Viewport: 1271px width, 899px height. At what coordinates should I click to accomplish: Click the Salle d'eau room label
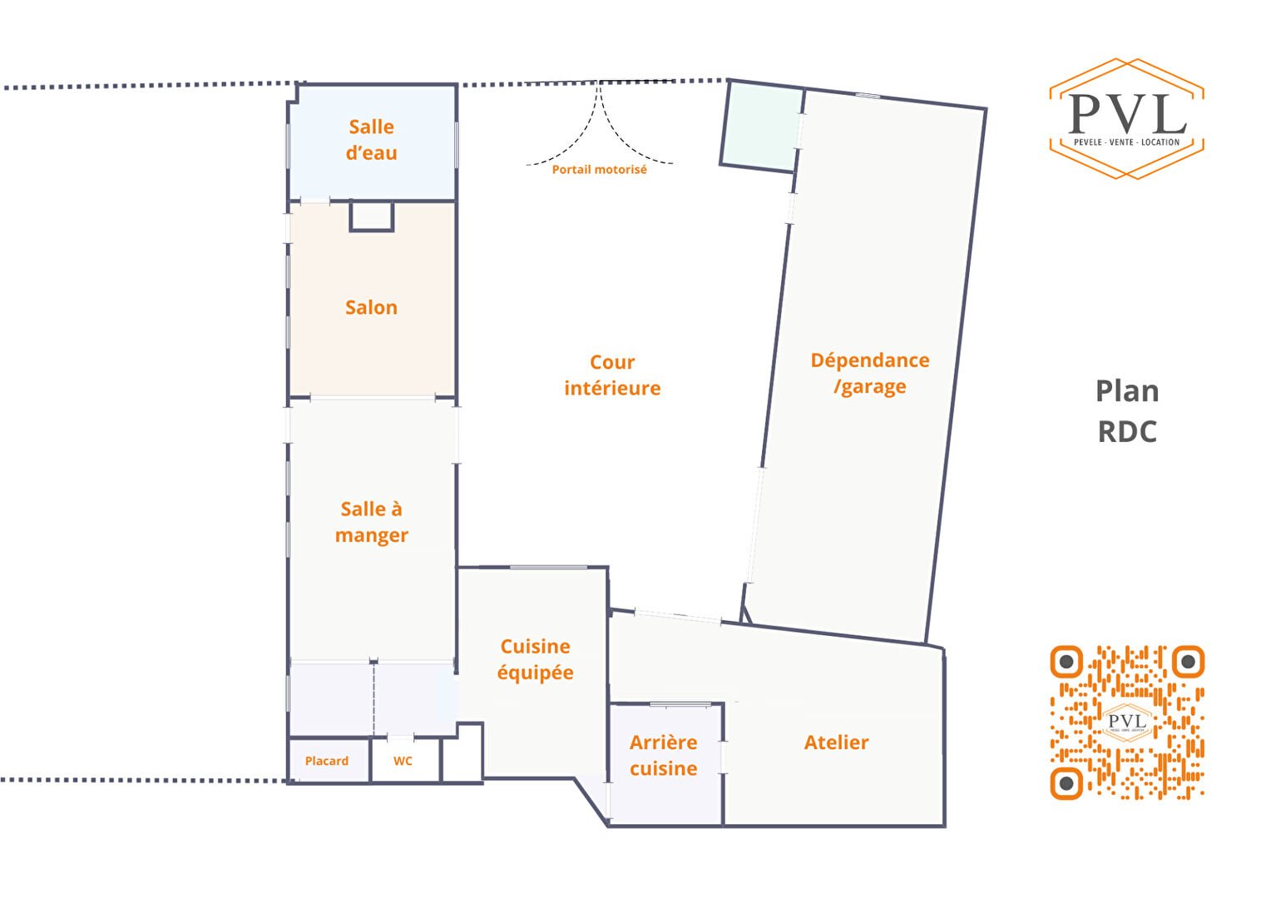(371, 140)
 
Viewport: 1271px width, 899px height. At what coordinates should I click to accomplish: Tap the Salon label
(371, 307)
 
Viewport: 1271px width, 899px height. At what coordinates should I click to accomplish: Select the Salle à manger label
(371, 522)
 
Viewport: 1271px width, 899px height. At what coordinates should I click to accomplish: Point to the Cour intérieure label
(612, 375)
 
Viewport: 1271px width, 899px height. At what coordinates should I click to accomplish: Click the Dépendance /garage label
(870, 373)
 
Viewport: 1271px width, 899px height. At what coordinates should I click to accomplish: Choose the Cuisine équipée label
(535, 658)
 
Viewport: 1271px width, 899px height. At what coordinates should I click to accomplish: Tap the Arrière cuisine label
(663, 755)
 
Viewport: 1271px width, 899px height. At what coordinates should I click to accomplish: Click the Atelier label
(836, 743)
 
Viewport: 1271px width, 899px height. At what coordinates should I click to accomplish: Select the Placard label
(327, 761)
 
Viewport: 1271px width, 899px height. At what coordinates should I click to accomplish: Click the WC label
(403, 761)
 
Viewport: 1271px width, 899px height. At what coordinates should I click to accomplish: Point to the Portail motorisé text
(599, 169)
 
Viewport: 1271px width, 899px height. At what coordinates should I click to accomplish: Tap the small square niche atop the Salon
(372, 216)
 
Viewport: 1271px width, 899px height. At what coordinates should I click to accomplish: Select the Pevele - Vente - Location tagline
(1127, 142)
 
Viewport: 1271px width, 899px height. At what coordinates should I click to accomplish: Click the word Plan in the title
(1127, 391)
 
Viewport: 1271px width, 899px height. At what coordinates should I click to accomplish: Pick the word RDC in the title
(1127, 432)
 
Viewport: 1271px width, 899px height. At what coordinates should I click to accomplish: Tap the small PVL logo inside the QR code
(1127, 723)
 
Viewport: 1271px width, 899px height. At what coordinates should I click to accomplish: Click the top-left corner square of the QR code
(1066, 662)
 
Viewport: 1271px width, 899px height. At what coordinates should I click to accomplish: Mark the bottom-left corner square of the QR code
(1066, 783)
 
